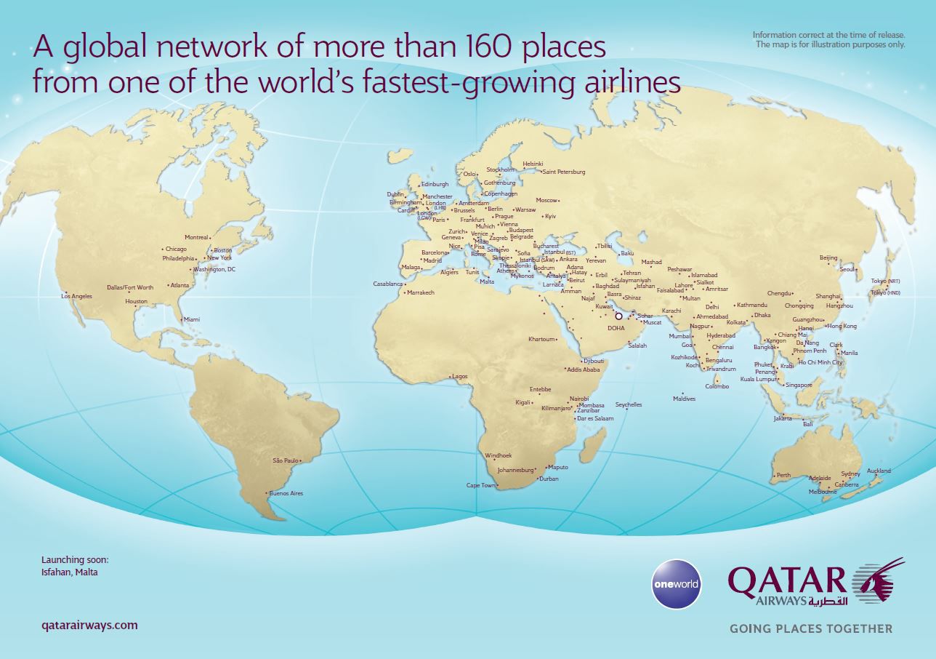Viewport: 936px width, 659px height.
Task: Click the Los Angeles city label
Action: pos(77,296)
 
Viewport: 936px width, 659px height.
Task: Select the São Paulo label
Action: pos(286,460)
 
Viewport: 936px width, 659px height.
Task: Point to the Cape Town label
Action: pos(480,485)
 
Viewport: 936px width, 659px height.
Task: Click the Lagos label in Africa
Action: pos(459,376)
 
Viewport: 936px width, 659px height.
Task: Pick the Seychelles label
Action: pos(629,404)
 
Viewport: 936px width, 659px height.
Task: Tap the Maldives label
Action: pos(684,399)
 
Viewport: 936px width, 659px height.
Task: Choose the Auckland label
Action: pos(879,471)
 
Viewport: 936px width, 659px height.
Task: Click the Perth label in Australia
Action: pos(783,476)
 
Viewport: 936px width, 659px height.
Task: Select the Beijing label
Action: pos(828,258)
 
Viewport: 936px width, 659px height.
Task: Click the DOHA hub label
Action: pos(616,328)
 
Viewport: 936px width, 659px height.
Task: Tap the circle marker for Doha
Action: pos(618,316)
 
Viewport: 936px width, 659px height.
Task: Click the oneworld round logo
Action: pos(676,583)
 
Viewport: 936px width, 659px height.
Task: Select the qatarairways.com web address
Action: pos(90,625)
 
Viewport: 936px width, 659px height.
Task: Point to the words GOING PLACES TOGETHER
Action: pos(810,628)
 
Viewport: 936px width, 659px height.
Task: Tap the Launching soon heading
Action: pos(75,560)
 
